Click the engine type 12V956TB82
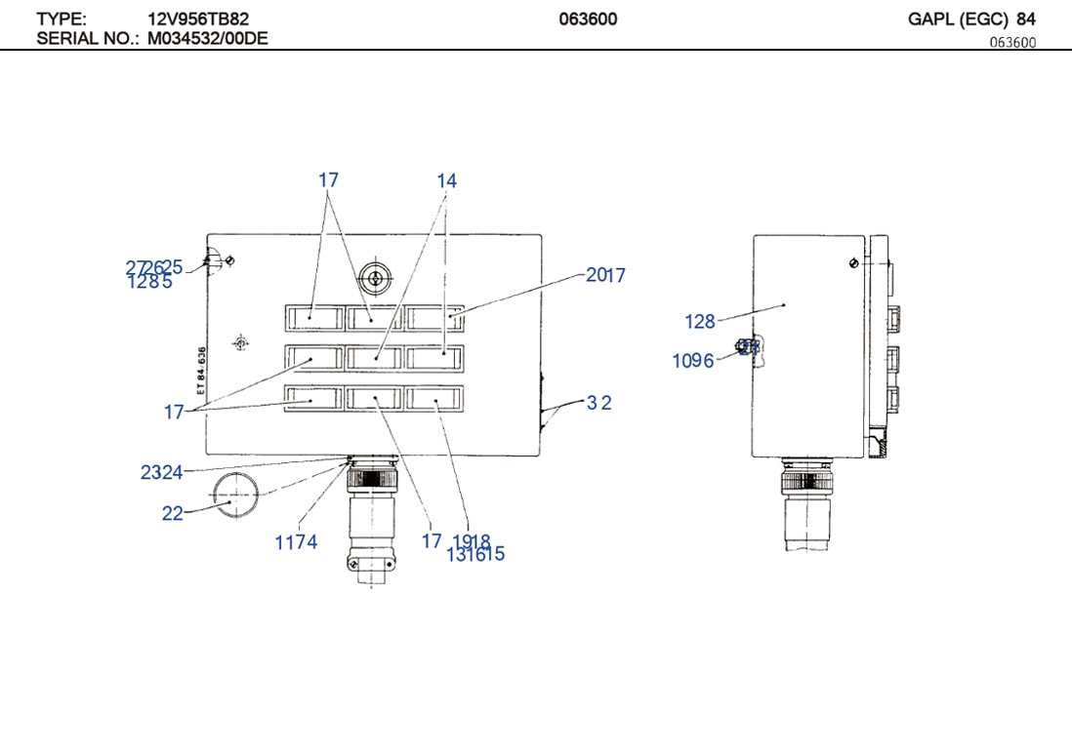pos(191,19)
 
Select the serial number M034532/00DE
pos(208,38)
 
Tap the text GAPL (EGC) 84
pos(971,19)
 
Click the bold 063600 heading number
pos(588,19)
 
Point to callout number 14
pos(446,181)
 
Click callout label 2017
pos(605,276)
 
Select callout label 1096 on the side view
pos(692,362)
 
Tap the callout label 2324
pos(161,473)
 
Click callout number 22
pos(172,514)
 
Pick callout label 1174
pos(296,543)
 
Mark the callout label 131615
pos(475,555)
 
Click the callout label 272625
pos(154,267)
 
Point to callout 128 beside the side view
pos(700,322)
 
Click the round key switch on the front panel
pos(371,279)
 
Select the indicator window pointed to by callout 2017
pos(435,317)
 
